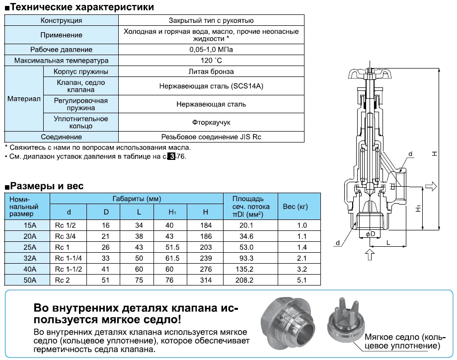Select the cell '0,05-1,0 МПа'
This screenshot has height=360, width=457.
pos(211,50)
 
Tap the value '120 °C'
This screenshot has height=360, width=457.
pos(211,61)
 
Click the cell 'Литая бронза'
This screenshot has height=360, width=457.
pos(211,72)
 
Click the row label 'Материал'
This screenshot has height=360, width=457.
pos(23,99)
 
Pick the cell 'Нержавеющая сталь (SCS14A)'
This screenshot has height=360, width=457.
pos(211,86)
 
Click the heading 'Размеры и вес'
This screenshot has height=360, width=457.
pos(47,186)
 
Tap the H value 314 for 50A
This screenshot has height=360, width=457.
pos(206,281)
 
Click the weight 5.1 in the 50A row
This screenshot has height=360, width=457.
pos(302,281)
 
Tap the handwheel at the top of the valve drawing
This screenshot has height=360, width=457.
pos(369,74)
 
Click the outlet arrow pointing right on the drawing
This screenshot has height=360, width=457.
pos(431,186)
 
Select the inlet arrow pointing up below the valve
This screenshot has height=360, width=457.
pos(368,254)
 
